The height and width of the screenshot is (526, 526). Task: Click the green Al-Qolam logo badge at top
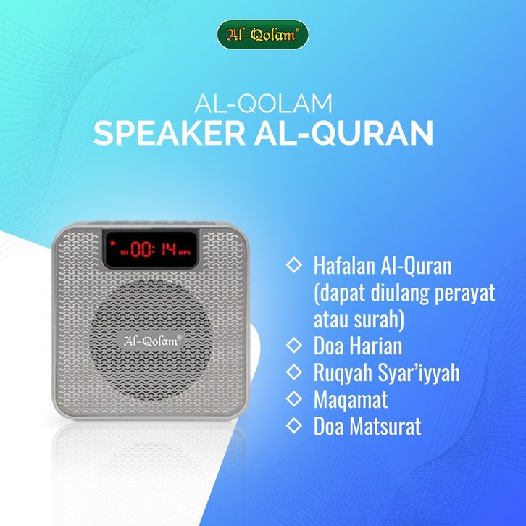pyautogui.click(x=263, y=34)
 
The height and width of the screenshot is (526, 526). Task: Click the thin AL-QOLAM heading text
pyautogui.click(x=263, y=104)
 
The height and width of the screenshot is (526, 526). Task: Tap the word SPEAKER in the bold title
pyautogui.click(x=170, y=133)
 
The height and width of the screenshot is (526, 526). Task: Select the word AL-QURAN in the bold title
pyautogui.click(x=344, y=134)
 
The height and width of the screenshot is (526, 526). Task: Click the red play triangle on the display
pyautogui.click(x=114, y=242)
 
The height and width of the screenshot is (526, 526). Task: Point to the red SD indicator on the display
pyautogui.click(x=124, y=252)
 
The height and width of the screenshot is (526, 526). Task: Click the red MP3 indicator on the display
pyautogui.click(x=185, y=252)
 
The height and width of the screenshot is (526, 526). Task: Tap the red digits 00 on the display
pyautogui.click(x=141, y=249)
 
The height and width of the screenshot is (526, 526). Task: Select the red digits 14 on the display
pyautogui.click(x=169, y=249)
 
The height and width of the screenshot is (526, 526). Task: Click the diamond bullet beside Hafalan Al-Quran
pyautogui.click(x=294, y=264)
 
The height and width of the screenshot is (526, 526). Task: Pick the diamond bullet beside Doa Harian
pyautogui.click(x=294, y=345)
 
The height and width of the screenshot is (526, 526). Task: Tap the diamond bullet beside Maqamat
pyautogui.click(x=294, y=398)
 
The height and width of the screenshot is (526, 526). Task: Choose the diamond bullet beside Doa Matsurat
pyautogui.click(x=294, y=425)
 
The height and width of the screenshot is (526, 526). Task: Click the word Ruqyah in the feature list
pyautogui.click(x=343, y=373)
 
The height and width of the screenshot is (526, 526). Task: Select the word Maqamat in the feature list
pyautogui.click(x=351, y=399)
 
